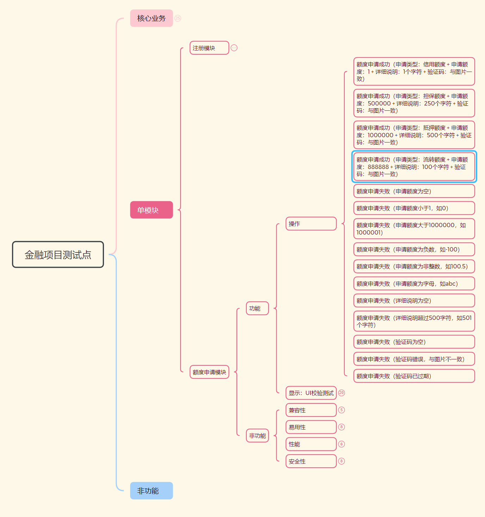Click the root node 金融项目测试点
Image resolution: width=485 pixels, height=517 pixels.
58,255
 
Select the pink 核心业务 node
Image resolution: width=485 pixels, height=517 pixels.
151,18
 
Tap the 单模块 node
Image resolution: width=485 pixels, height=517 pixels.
151,210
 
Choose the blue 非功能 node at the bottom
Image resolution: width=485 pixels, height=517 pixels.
151,491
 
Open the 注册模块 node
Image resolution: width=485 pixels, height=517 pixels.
209,48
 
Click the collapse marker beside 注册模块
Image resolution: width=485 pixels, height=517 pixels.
234,48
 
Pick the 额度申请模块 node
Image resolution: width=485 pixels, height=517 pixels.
209,372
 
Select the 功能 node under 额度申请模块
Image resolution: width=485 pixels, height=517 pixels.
257,309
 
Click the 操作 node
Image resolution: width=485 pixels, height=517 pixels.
311,224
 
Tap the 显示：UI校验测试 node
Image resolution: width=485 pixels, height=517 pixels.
311,393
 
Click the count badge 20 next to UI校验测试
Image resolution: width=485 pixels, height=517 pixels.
341,393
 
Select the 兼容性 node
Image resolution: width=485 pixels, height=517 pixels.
311,410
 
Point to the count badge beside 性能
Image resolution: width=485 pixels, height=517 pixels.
341,444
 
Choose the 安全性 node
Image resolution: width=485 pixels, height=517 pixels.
311,461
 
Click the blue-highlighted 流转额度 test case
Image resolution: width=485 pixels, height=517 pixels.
414,167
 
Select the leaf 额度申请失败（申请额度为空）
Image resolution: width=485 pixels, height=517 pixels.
414,191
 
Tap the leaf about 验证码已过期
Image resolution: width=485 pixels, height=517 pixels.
414,376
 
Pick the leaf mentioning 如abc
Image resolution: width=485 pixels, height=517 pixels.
414,284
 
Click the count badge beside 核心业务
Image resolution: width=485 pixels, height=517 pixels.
178,18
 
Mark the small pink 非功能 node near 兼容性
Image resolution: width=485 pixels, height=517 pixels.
257,436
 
